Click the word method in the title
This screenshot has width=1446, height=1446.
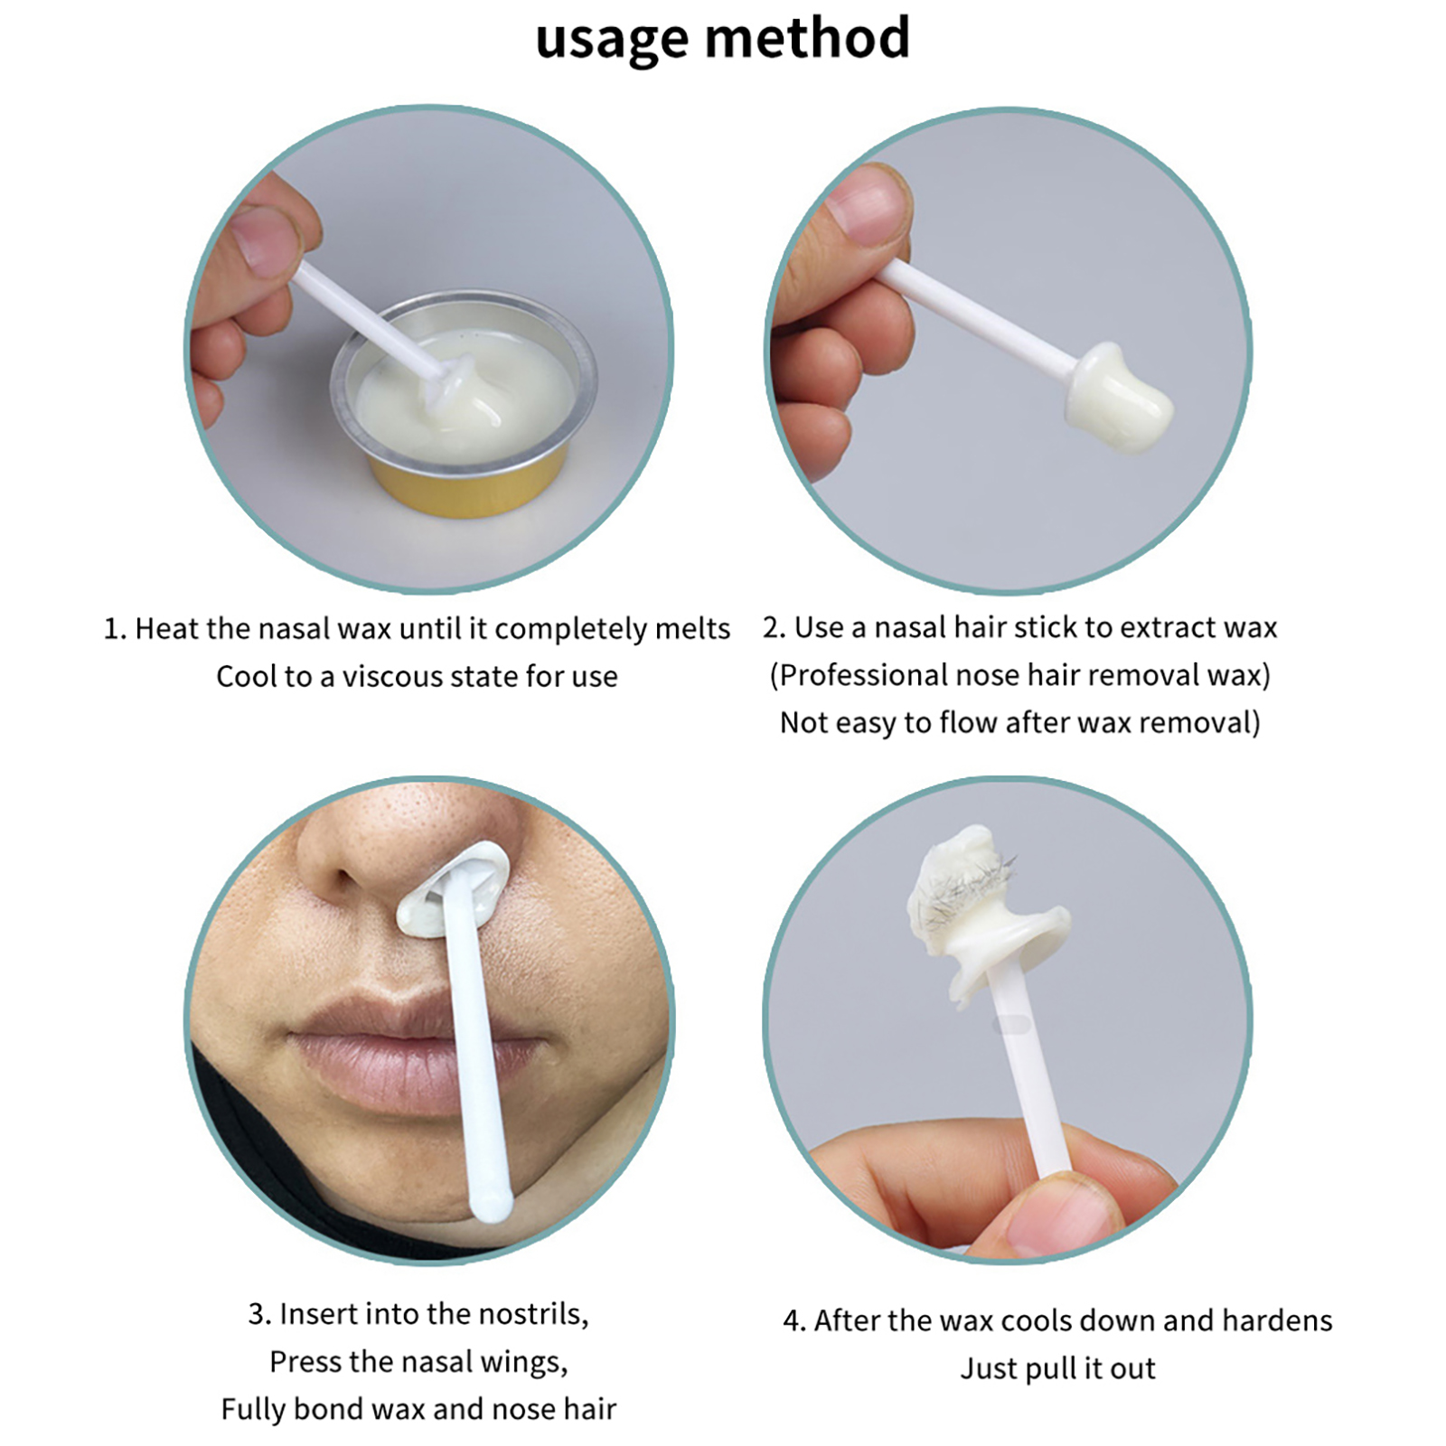pyautogui.click(x=807, y=38)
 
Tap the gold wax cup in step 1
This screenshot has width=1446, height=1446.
pyautogui.click(x=464, y=403)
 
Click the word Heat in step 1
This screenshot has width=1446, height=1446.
pyautogui.click(x=167, y=628)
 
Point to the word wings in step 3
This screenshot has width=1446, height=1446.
pyautogui.click(x=527, y=1362)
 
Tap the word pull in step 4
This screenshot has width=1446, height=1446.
pyautogui.click(x=1051, y=1369)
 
